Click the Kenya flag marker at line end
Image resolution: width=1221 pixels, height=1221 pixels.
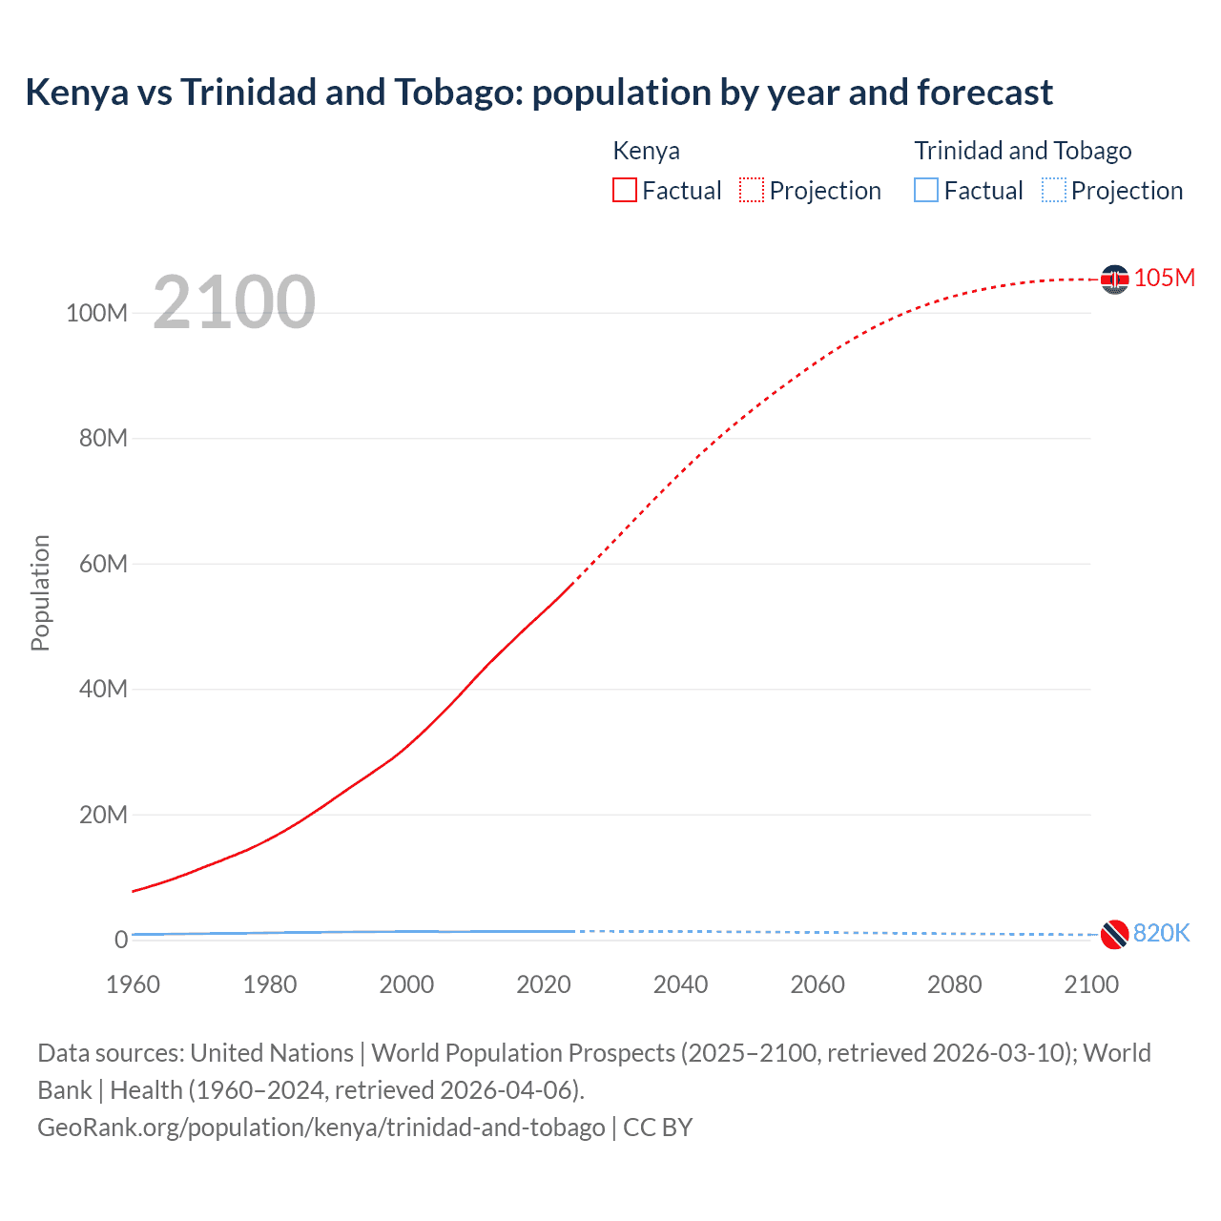pos(1114,279)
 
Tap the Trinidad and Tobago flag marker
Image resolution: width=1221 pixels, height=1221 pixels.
pos(1114,935)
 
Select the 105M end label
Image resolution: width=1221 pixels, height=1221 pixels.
pos(1164,278)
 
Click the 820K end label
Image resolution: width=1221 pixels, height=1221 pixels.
pos(1161,933)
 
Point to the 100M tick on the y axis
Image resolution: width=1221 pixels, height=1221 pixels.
pos(96,313)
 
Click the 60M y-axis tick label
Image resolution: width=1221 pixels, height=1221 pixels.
pos(103,564)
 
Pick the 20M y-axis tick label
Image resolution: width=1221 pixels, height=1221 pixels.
pos(103,815)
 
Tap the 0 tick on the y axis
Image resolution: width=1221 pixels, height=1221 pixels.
pos(121,940)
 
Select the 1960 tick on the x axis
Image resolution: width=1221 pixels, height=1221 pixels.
pos(133,984)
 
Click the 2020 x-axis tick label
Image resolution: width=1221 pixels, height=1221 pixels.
pos(544,984)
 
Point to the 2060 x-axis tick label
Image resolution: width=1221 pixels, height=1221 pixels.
pos(817,984)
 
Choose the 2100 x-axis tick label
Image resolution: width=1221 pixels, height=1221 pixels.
pos(1091,984)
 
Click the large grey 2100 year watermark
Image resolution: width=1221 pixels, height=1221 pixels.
pos(234,301)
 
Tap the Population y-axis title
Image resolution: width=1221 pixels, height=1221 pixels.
pos(40,592)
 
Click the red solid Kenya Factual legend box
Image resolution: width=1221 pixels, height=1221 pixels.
pos(625,191)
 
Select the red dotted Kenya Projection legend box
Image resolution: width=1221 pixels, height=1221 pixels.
pos(752,191)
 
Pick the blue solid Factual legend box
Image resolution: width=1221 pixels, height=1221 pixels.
pos(926,191)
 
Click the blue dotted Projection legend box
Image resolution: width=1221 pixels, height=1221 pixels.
pos(1054,191)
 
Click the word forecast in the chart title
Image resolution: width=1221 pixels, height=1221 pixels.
pos(985,93)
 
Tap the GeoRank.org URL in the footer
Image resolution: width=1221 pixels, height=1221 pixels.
pos(321,1128)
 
